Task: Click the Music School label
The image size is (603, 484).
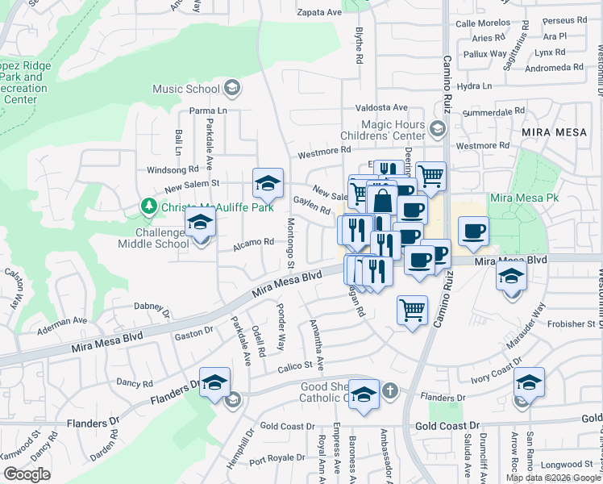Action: click(x=186, y=89)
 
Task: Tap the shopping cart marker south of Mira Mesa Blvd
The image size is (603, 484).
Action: click(x=412, y=309)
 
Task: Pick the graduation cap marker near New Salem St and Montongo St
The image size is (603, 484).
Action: click(x=268, y=183)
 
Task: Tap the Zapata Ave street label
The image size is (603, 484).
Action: click(x=320, y=12)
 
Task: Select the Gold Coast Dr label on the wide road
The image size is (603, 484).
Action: click(x=447, y=424)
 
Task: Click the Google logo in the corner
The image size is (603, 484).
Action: click(x=27, y=474)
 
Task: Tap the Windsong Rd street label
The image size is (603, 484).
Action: click(x=172, y=170)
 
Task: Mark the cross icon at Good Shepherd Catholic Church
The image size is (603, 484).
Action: click(x=389, y=391)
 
